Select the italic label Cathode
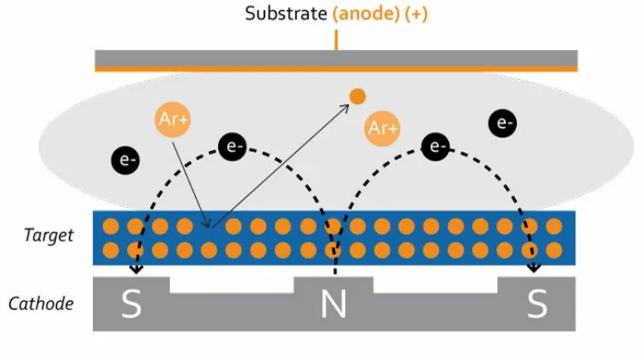coord(40,303)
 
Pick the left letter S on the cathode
coord(131,305)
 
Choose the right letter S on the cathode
coord(537,305)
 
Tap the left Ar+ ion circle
coord(173,119)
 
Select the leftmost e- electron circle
coord(126,160)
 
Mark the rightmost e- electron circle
coord(503,123)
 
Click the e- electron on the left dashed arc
coord(233,147)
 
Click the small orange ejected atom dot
coord(357,96)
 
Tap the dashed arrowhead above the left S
coord(136,270)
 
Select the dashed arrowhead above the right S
coord(534,269)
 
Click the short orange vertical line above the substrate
coord(336,40)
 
